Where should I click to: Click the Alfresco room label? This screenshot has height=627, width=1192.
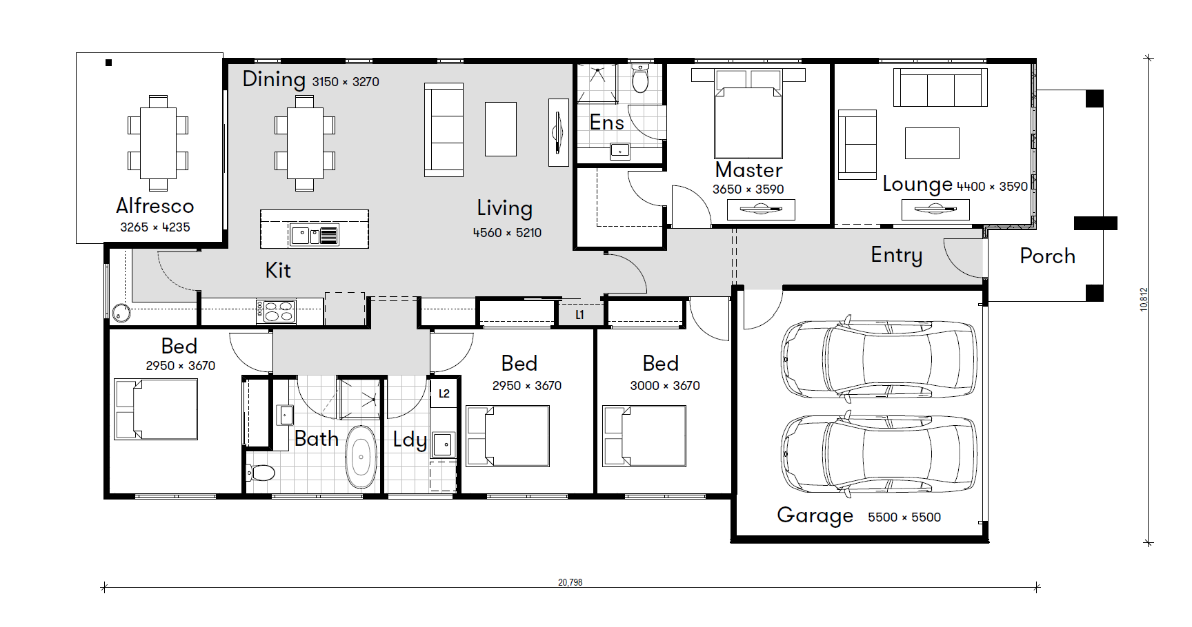tap(155, 205)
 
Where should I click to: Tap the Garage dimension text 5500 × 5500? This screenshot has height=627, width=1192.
tap(904, 517)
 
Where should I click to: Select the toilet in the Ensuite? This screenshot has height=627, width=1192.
tap(640, 79)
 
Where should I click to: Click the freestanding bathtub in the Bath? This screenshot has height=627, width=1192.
tap(361, 456)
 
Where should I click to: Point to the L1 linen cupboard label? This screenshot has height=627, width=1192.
tap(579, 315)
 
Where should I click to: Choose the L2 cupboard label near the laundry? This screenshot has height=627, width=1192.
tap(444, 393)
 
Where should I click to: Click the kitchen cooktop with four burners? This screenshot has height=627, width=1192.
tap(276, 311)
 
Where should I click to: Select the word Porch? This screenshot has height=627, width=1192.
tap(1047, 256)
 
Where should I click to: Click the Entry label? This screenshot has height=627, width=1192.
tap(896, 256)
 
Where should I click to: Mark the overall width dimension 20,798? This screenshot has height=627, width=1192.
tap(570, 582)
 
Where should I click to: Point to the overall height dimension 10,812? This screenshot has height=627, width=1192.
tap(1144, 300)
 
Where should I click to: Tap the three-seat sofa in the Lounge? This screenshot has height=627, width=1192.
tap(940, 88)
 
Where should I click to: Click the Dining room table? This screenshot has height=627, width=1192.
tap(305, 143)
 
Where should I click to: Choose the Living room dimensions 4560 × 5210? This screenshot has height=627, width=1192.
tap(507, 233)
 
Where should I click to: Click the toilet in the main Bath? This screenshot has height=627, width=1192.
tap(261, 473)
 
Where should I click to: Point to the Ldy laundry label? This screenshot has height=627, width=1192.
tap(410, 440)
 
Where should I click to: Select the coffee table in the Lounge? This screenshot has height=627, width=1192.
tap(932, 143)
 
